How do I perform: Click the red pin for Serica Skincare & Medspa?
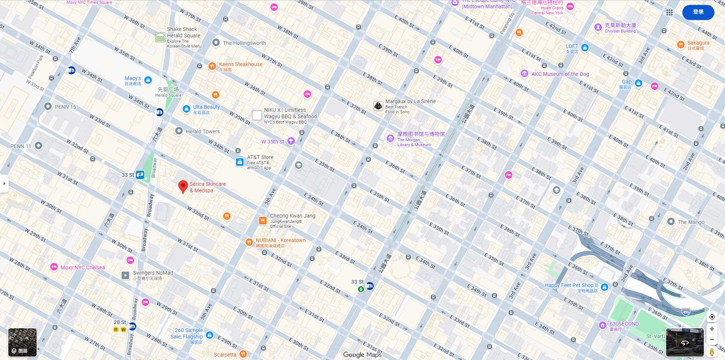coord(183,186)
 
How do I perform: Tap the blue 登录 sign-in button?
coord(698,12)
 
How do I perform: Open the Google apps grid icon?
coord(669,12)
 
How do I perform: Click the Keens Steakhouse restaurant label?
coord(241,65)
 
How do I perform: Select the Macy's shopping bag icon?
coord(148,80)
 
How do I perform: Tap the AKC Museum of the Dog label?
coord(560,74)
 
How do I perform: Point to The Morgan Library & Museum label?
coord(420,134)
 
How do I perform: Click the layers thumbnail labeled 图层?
coord(22,342)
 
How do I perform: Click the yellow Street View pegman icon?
coord(712,352)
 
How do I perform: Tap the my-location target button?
coord(712,317)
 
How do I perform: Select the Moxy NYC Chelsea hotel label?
coord(82,267)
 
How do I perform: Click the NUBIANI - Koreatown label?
coord(280,241)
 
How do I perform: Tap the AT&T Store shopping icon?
coord(240,162)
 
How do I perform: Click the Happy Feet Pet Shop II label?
coord(571,286)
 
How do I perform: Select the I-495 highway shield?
coord(686,312)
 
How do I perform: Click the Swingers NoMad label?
coord(153,273)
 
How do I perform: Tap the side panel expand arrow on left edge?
coord(4,184)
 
